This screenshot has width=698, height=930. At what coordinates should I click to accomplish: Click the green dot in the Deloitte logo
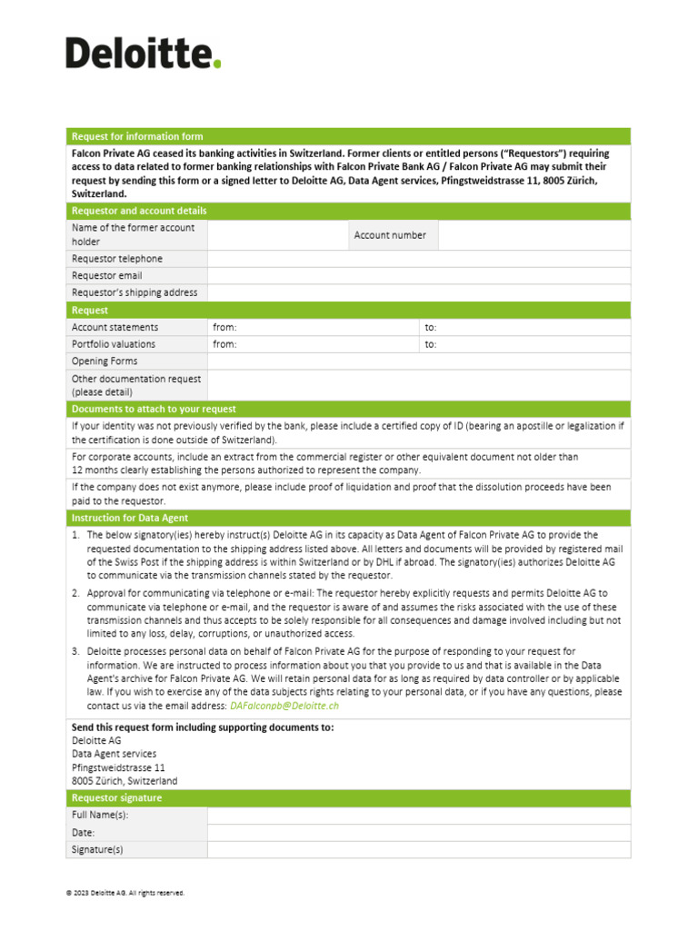216,64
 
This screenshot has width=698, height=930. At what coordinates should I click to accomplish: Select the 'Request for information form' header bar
349,136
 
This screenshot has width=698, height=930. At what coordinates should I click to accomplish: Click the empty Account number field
533,235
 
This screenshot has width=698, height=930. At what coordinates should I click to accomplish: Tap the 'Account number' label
390,235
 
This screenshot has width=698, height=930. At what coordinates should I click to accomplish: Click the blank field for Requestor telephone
418,259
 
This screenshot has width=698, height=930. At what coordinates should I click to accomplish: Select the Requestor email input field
418,276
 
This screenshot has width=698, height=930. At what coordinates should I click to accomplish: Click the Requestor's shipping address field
418,292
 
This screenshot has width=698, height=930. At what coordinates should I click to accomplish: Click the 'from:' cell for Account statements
313,327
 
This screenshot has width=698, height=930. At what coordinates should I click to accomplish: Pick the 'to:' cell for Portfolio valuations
524,344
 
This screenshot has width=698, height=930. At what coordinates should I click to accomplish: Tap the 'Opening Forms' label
105,361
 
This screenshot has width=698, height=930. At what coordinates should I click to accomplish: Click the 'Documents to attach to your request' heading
154,409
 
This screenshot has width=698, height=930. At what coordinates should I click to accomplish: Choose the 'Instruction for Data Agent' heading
130,518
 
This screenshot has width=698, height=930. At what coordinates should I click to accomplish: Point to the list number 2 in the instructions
75,593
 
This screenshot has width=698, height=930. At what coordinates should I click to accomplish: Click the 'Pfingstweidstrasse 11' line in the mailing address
118,767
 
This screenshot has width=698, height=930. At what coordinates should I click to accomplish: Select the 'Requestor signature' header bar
349,797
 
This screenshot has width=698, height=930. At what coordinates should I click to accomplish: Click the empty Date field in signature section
418,832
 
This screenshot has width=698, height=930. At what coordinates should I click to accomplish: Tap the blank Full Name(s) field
418,816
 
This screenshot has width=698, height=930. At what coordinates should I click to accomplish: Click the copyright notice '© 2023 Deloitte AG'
125,893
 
